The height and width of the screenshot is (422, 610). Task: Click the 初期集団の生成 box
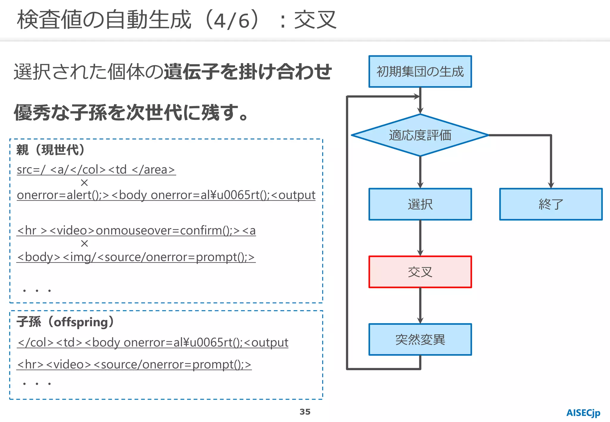pyautogui.click(x=420, y=71)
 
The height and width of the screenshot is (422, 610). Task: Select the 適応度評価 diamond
pyautogui.click(x=420, y=135)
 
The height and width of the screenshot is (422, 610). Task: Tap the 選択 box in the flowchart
pyautogui.click(x=420, y=204)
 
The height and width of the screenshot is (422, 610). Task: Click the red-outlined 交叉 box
pyautogui.click(x=420, y=272)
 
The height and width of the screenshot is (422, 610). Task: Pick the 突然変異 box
pyautogui.click(x=420, y=339)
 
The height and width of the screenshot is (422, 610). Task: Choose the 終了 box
pyautogui.click(x=551, y=204)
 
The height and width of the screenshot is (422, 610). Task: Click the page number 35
pyautogui.click(x=305, y=412)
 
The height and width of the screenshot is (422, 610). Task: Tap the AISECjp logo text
pyautogui.click(x=583, y=413)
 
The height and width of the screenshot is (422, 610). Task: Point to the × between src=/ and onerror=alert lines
pyautogui.click(x=84, y=182)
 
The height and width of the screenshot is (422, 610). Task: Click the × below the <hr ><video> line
pyautogui.click(x=84, y=243)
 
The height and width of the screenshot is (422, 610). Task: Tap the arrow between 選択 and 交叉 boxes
pyautogui.click(x=420, y=238)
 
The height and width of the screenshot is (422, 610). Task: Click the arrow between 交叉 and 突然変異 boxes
pyautogui.click(x=420, y=306)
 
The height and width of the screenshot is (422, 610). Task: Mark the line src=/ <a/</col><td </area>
pyautogui.click(x=96, y=170)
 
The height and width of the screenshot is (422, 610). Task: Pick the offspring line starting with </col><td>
pyautogui.click(x=152, y=343)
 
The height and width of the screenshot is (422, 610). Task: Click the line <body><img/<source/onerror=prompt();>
pyautogui.click(x=136, y=257)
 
